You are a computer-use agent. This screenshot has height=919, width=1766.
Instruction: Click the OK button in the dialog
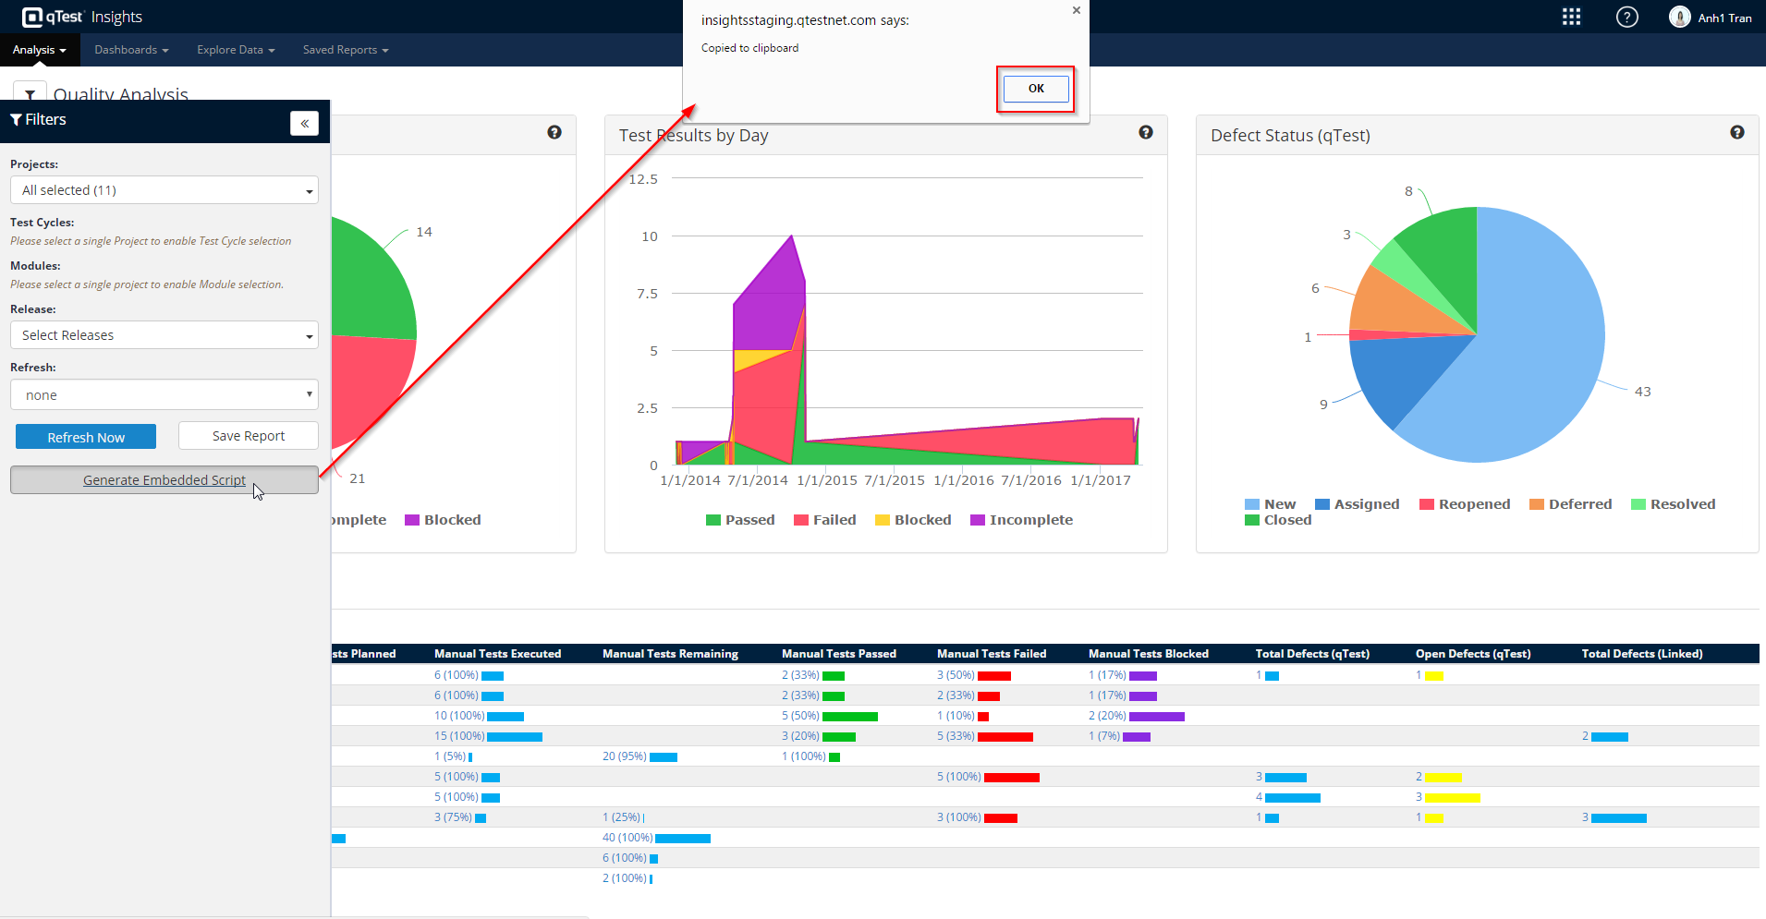(1035, 89)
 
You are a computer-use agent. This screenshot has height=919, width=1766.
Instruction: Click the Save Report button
(248, 436)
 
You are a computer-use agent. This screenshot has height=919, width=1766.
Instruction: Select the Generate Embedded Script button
(164, 480)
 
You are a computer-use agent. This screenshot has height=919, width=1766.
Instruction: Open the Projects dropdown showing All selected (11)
(164, 190)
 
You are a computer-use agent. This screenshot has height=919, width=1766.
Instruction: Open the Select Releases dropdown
(164, 335)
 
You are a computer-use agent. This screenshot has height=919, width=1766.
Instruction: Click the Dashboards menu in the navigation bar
(130, 50)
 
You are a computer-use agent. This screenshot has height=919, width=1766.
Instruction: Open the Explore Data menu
(235, 50)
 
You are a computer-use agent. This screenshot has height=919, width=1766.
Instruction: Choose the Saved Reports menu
(345, 50)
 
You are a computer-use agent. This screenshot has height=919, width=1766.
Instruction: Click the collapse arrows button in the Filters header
(304, 124)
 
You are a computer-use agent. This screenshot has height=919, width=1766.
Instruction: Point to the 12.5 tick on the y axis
(643, 179)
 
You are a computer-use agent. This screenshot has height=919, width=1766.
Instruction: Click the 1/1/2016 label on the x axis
(964, 480)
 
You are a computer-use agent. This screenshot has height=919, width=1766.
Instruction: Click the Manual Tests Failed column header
(992, 654)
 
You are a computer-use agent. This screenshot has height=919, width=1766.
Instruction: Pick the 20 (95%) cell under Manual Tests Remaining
(625, 756)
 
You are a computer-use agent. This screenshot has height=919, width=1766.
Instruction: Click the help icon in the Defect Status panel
(1737, 133)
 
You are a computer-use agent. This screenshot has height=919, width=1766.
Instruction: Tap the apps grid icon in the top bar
(1571, 18)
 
